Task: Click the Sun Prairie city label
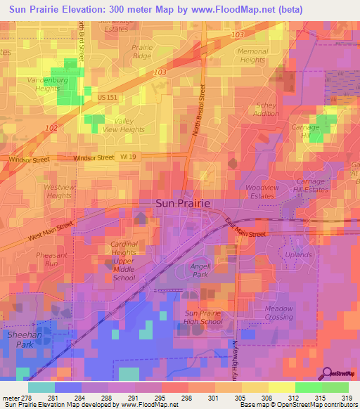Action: coord(182,203)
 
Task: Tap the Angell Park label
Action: coord(201,270)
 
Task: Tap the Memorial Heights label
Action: coord(252,56)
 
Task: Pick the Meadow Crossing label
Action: coord(278,312)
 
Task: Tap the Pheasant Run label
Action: coord(51,259)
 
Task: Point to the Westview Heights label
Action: coord(58,191)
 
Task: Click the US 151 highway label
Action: coord(107,98)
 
